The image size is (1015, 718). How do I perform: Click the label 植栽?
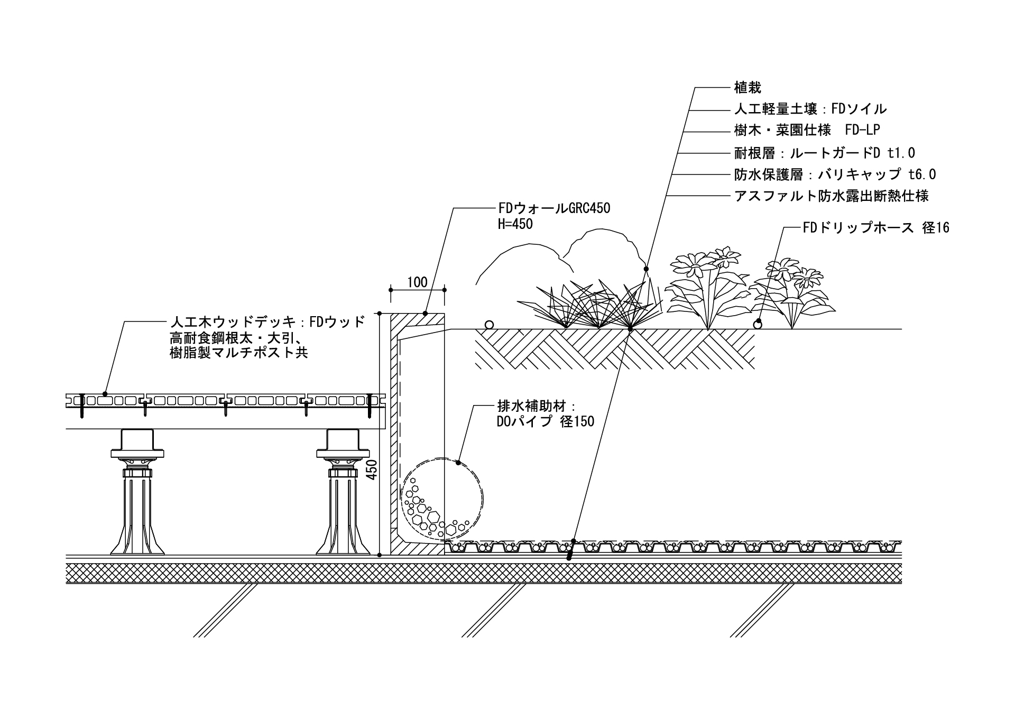click(748, 87)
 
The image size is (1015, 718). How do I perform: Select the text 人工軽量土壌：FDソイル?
click(810, 109)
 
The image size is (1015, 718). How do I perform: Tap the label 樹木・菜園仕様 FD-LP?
click(807, 130)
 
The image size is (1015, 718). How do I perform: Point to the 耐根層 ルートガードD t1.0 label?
click(824, 153)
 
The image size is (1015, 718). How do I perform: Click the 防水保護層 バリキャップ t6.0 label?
click(835, 174)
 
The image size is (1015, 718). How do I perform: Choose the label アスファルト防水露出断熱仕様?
click(831, 196)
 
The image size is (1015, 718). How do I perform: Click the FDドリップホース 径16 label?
click(875, 228)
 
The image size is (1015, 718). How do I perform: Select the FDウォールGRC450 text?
click(554, 208)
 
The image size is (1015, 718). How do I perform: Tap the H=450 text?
click(515, 224)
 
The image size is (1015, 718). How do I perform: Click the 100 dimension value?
click(417, 282)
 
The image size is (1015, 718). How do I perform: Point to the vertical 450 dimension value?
click(372, 470)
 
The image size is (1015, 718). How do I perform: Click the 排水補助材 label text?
click(535, 407)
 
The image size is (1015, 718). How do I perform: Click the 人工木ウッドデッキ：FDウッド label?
click(267, 322)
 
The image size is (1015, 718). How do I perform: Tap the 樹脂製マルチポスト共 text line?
click(238, 353)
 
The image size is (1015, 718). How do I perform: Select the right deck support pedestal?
click(343, 492)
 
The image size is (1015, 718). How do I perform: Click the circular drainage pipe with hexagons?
click(441, 497)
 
